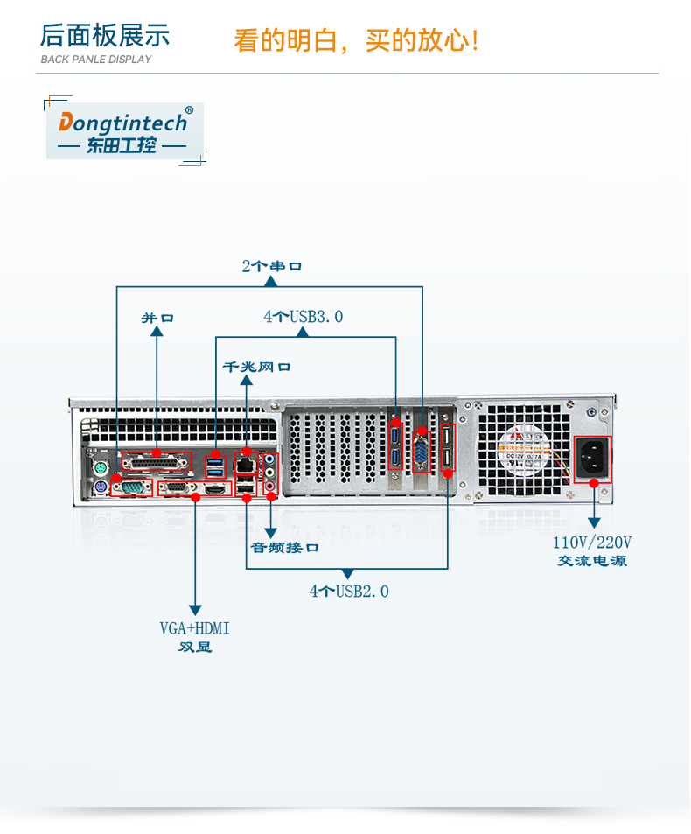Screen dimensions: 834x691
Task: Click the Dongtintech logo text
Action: (123, 123)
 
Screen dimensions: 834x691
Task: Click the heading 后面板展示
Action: (105, 36)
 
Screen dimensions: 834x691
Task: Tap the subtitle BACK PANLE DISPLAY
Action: (96, 60)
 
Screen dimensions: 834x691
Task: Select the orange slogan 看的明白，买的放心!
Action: (356, 40)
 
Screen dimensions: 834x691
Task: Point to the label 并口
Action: (157, 318)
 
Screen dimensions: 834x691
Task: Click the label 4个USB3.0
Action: (304, 317)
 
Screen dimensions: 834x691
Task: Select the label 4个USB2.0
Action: (349, 592)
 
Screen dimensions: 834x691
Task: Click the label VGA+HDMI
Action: (195, 628)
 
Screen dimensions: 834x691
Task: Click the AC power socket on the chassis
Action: (592, 459)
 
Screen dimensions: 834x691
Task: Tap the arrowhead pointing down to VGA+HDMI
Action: (195, 609)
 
